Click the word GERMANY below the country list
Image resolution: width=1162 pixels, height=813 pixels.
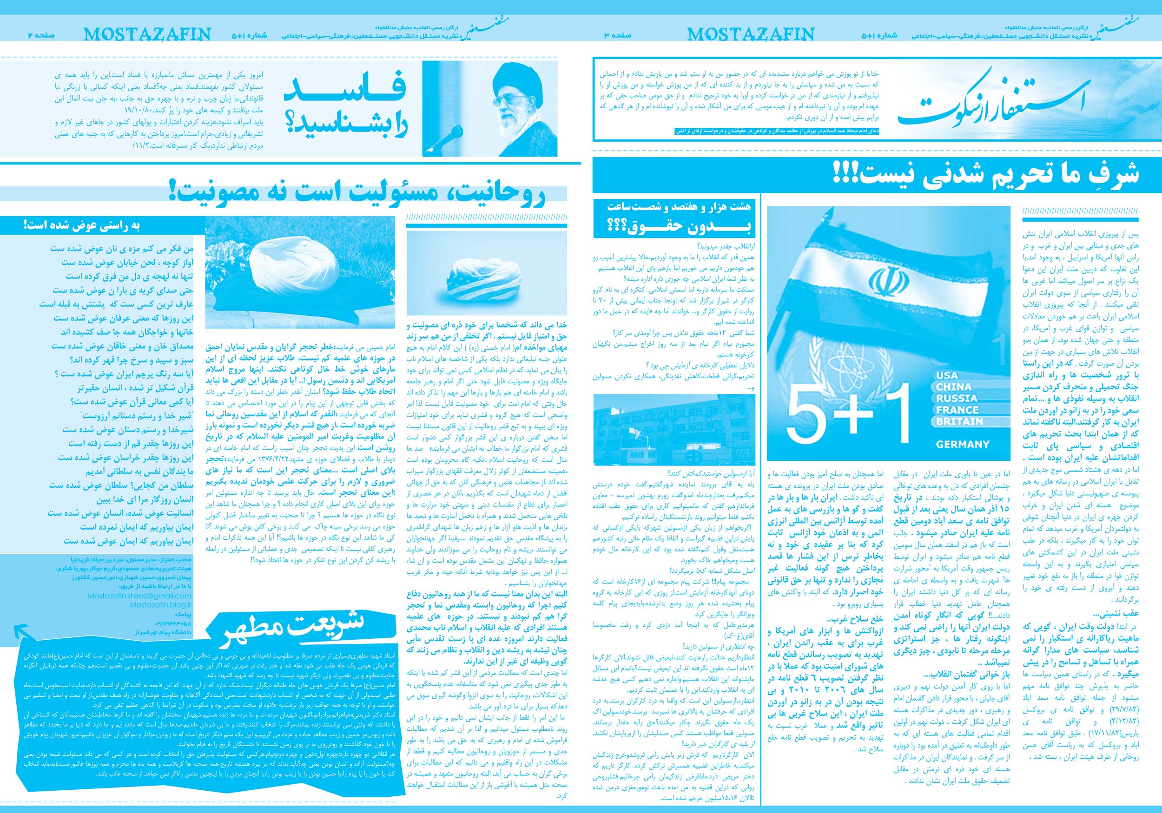[x=962, y=444]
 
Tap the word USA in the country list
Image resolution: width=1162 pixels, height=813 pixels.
[x=947, y=375]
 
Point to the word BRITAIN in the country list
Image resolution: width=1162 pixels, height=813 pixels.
[x=959, y=421]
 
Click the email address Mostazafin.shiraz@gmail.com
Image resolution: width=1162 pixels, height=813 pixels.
[x=139, y=596]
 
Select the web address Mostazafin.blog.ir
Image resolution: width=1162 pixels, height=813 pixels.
[x=160, y=604]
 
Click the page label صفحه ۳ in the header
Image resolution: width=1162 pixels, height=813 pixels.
[x=617, y=35]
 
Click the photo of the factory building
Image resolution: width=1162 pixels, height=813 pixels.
[x=674, y=430]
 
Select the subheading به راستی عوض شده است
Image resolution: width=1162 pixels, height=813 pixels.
[x=81, y=225]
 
